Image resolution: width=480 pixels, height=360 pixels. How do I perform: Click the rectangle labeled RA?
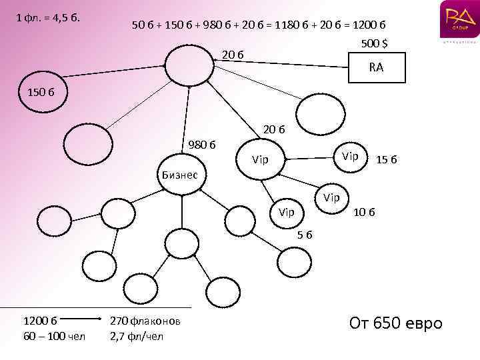377,67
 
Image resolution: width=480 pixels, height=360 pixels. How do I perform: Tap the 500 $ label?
375,44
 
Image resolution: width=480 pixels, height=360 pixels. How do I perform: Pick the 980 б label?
201,143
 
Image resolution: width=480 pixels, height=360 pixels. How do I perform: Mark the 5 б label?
305,235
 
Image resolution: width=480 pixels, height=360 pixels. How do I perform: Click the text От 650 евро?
396,324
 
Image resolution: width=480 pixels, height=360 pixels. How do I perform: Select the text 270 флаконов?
145,321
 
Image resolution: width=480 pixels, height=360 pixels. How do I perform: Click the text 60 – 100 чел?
54,335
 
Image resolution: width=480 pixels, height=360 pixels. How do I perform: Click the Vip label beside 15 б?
350,156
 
